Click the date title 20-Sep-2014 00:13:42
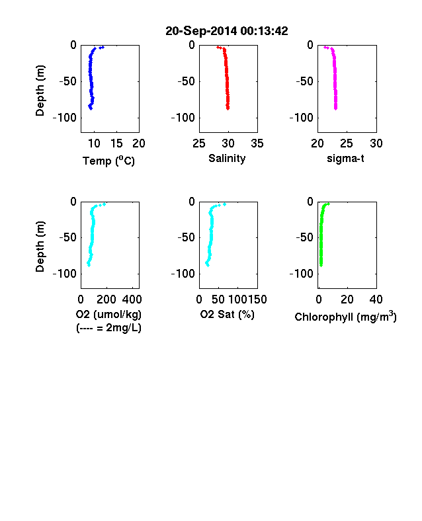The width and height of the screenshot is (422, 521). pos(227,31)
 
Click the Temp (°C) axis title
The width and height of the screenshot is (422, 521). pos(108,161)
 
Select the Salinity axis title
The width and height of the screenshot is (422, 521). pos(227,158)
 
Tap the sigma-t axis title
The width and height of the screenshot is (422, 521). pos(345,159)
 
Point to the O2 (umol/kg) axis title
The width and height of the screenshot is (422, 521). pos(108,314)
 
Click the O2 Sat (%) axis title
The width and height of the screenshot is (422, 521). pos(227,314)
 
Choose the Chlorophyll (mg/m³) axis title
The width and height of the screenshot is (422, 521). pos(345,317)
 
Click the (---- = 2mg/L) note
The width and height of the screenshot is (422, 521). pos(108,328)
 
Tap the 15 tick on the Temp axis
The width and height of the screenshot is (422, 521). pos(116,143)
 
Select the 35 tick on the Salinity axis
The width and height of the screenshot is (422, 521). pos(257,143)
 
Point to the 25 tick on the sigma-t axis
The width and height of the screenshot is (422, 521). pos(347,143)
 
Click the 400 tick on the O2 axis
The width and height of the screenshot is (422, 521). pos(132,300)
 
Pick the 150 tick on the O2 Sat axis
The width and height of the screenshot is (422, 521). pos(257,300)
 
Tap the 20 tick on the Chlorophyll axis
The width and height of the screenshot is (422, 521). pos(347,300)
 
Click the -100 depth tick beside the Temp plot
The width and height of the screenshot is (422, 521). pos(64,118)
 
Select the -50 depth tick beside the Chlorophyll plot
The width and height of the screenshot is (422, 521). pos(305,237)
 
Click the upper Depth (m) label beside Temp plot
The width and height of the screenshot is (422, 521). pos(40,91)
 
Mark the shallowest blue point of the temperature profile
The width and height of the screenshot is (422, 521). pos(103,47)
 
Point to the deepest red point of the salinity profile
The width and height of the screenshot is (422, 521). pos(228,108)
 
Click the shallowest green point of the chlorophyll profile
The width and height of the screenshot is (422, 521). pos(328,204)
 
